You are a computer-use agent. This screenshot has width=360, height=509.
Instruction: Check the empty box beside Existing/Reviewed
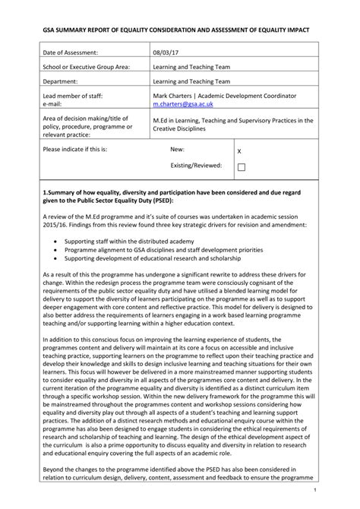pos(242,167)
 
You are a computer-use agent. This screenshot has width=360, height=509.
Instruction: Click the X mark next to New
pos(241,151)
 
